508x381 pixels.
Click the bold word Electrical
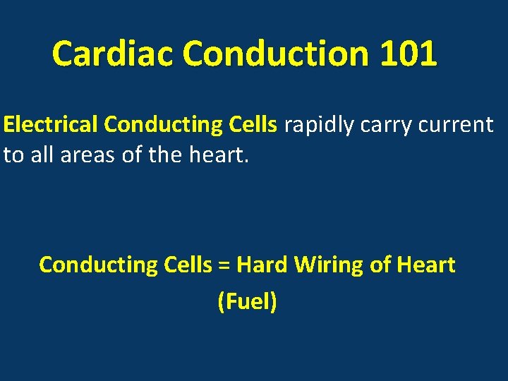[x=51, y=125]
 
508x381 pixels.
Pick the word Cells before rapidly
[x=253, y=125]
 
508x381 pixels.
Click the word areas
[x=89, y=155]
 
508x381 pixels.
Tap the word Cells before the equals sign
[x=186, y=265]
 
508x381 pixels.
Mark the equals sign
[x=225, y=266]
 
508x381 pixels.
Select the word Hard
[x=262, y=265]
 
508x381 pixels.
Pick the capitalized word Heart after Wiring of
[x=426, y=265]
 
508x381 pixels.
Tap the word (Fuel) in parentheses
[x=248, y=302]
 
